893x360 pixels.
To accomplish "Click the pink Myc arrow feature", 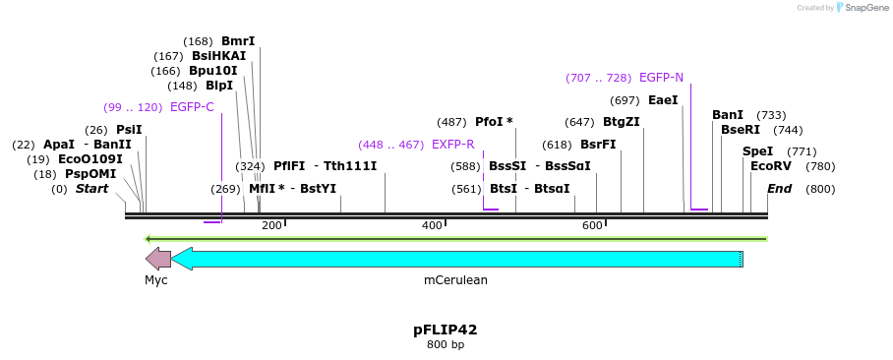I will pyautogui.click(x=157, y=259).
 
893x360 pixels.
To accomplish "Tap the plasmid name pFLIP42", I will pyautogui.click(x=446, y=330).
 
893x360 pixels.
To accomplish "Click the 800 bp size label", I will pyautogui.click(x=446, y=345).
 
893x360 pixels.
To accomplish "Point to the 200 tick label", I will pyautogui.click(x=271, y=226).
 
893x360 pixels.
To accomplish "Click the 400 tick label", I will pyautogui.click(x=432, y=226).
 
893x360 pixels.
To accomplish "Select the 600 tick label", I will pyautogui.click(x=592, y=226).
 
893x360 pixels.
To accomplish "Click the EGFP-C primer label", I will pyautogui.click(x=192, y=107).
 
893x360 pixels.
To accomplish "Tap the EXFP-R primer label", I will pyautogui.click(x=453, y=145).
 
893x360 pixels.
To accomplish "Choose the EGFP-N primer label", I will pyautogui.click(x=661, y=78).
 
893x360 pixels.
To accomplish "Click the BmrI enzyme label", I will pyautogui.click(x=238, y=41).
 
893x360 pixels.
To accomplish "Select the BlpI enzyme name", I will pyautogui.click(x=219, y=86).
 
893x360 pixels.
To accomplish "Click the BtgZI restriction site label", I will pyautogui.click(x=621, y=122).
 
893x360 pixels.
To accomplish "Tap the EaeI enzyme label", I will pyautogui.click(x=663, y=100).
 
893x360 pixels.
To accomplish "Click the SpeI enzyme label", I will pyautogui.click(x=757, y=151).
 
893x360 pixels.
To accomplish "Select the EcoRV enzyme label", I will pyautogui.click(x=770, y=166).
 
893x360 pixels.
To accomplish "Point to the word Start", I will pyautogui.click(x=92, y=189).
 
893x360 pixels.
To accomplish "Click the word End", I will pyautogui.click(x=779, y=189).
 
